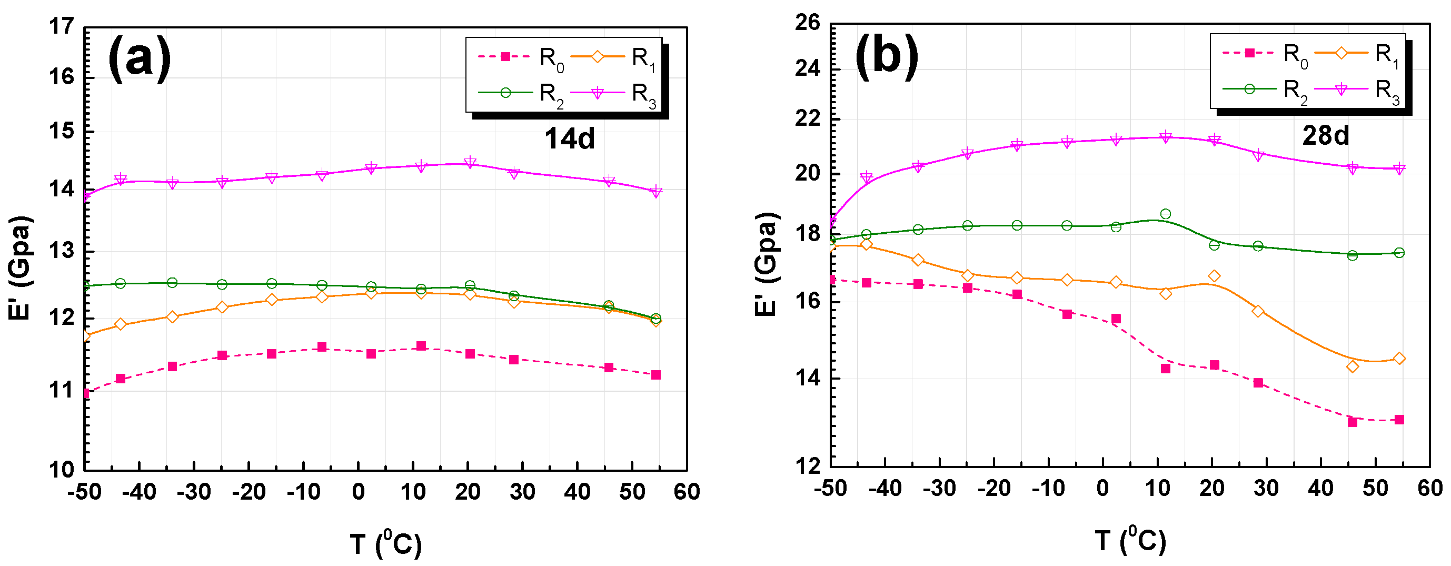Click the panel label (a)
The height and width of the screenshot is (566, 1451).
tap(139, 58)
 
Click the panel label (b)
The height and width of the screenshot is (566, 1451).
tap(887, 55)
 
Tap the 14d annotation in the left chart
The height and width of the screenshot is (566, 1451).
tap(570, 138)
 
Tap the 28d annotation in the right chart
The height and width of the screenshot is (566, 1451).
tap(1325, 136)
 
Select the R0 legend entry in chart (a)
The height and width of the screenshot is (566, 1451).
tap(521, 57)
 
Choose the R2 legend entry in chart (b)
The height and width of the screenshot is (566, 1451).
tap(1266, 90)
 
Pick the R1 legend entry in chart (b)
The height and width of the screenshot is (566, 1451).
tap(1358, 54)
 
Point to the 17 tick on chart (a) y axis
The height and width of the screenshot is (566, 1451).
tap(62, 26)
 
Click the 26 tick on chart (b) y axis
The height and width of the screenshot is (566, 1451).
tap(807, 23)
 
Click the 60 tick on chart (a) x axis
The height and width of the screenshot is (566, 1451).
tap(687, 492)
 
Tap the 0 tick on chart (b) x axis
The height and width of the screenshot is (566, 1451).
tap(1102, 488)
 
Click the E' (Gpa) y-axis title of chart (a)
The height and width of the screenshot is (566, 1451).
tap(21, 267)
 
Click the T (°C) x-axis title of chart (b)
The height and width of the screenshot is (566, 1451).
tap(1130, 541)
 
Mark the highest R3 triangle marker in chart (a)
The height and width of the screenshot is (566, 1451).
tap(470, 162)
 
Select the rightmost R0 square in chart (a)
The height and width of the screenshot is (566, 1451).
tap(655, 375)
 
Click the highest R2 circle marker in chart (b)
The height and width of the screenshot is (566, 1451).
tap(1166, 214)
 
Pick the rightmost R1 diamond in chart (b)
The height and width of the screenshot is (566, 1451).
tap(1399, 359)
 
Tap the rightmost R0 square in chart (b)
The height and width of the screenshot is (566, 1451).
tap(1399, 420)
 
